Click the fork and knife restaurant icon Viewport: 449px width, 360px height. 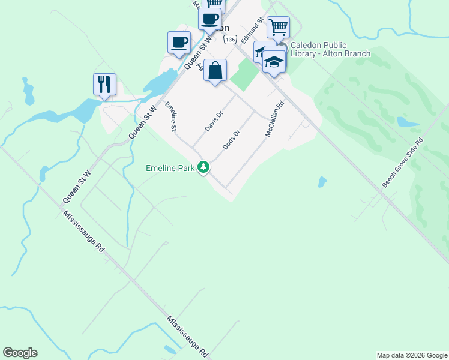pos(104,84)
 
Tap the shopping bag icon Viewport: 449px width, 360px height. pos(215,71)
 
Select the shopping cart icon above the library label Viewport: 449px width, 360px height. pos(278,27)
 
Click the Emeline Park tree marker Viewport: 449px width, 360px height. pos(204,167)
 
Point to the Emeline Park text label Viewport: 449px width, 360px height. pos(170,168)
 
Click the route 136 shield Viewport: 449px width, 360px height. pos(229,39)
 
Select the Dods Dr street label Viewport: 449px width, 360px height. pos(231,140)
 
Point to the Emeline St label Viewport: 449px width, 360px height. pos(170,115)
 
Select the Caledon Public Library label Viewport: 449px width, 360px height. pos(330,49)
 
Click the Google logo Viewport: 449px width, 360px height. pos(20,353)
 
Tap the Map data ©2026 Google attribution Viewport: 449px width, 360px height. pos(412,355)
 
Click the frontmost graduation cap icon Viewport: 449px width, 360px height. pos(274,62)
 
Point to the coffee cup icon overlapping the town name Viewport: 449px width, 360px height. pos(210,19)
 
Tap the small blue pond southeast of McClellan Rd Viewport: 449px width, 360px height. pos(322,181)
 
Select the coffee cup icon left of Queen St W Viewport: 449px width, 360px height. pos(179,43)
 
